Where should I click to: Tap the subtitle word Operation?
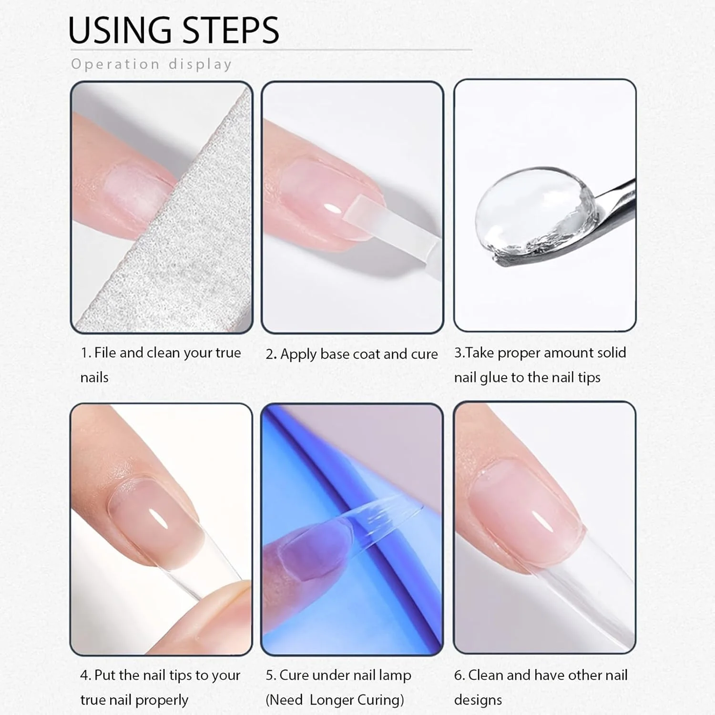(x=115, y=64)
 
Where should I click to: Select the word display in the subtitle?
(x=200, y=64)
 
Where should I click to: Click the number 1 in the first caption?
(x=84, y=353)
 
